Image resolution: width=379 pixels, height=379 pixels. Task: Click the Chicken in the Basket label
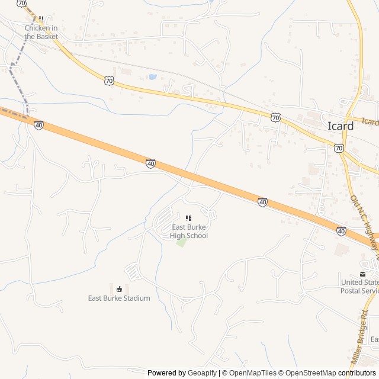pyautogui.click(x=41, y=32)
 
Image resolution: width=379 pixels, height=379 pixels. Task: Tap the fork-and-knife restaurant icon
pyautogui.click(x=41, y=19)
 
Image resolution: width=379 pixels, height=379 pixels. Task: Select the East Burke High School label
pyautogui.click(x=189, y=232)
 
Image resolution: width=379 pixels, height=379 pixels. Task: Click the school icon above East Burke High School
pyautogui.click(x=189, y=219)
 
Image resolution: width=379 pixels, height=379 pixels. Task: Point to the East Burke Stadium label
pyautogui.click(x=119, y=298)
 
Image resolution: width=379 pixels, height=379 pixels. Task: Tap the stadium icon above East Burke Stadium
pyautogui.click(x=120, y=289)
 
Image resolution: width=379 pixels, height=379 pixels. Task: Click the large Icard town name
pyautogui.click(x=341, y=126)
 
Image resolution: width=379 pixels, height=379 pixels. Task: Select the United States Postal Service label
pyautogui.click(x=359, y=286)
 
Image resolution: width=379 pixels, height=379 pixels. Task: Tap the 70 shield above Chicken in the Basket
pyautogui.click(x=22, y=3)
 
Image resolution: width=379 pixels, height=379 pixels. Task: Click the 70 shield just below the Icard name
pyautogui.click(x=338, y=148)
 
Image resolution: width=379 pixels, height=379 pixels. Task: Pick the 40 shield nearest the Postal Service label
pyautogui.click(x=341, y=230)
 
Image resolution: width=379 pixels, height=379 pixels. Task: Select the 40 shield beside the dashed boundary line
pyautogui.click(x=38, y=125)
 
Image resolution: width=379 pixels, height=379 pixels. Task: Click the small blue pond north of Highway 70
pyautogui.click(x=153, y=76)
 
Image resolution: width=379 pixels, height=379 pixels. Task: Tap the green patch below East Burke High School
pyautogui.click(x=182, y=242)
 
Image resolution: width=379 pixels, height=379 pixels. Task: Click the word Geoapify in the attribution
pyautogui.click(x=203, y=373)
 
